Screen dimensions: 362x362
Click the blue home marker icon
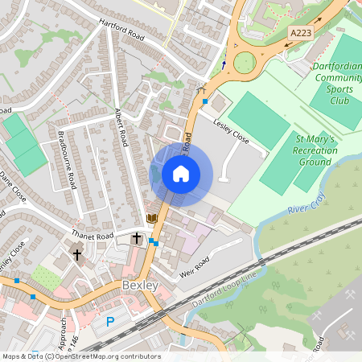181,174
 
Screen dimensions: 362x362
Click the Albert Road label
121,127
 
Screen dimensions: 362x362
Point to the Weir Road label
193,265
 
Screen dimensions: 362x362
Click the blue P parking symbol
110,323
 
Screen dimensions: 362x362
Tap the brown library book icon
150,219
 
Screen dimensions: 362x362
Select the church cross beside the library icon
137,239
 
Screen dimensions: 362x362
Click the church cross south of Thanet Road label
78,255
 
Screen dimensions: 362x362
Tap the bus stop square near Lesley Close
206,102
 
